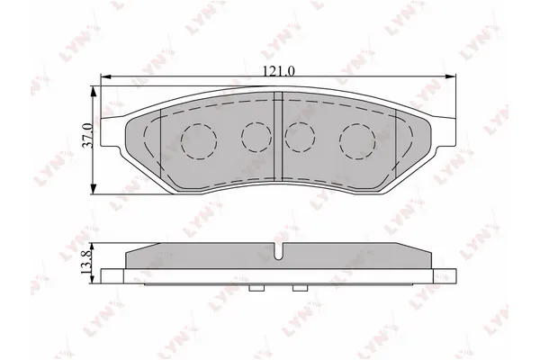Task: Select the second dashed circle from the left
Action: coord(256,135)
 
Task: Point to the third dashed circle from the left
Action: coord(298,135)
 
